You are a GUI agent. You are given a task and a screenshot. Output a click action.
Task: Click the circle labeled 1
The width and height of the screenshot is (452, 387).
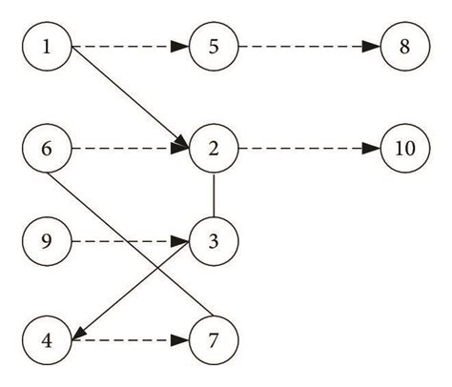[49, 47]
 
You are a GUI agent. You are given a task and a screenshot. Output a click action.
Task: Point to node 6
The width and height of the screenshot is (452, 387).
[49, 149]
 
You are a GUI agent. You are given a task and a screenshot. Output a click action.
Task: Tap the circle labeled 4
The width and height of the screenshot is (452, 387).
[49, 337]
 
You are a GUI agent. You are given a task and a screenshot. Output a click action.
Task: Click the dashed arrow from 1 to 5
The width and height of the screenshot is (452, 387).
[130, 47]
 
